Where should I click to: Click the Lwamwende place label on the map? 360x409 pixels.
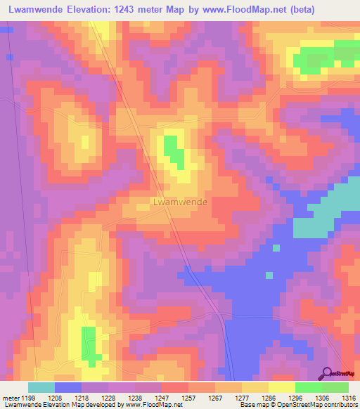click(x=180, y=202)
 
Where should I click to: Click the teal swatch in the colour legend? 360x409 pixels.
click(x=41, y=387)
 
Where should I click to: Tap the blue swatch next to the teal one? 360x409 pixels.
click(x=68, y=387)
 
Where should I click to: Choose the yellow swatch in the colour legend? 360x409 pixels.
click(x=282, y=387)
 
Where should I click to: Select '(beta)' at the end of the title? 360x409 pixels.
click(x=298, y=9)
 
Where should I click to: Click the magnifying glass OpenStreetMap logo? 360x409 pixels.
click(x=328, y=373)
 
